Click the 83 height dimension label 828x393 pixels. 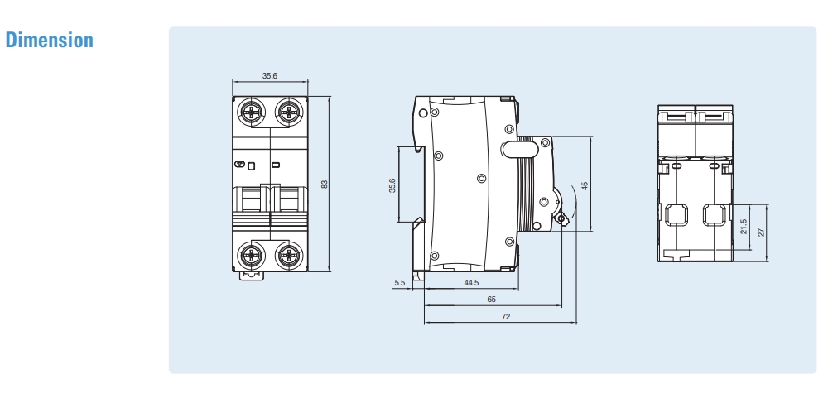tap(325, 184)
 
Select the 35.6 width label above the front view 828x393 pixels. tap(270, 75)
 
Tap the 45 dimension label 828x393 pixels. tap(585, 185)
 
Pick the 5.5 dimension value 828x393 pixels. tap(400, 283)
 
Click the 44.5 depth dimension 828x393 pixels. tap(472, 283)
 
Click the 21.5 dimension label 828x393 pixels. tap(744, 226)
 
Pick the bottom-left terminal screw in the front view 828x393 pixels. tap(251, 254)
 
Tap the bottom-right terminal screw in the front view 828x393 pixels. tap(288, 254)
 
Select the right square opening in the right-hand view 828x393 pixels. tap(713, 214)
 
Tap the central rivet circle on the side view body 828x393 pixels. tap(482, 178)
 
